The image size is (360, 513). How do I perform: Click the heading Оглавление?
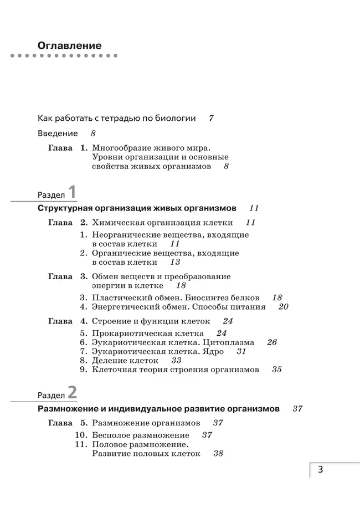[x=69, y=45]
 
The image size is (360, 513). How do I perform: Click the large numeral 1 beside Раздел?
[x=72, y=193]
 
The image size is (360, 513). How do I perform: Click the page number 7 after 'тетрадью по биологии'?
[x=211, y=118]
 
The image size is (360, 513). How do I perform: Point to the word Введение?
[x=58, y=134]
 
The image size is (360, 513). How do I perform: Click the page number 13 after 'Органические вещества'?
[x=175, y=262]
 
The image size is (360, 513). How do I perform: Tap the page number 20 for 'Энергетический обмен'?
[x=283, y=306]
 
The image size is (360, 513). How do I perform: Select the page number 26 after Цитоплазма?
[x=271, y=342]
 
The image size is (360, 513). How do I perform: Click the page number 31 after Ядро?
[x=241, y=351]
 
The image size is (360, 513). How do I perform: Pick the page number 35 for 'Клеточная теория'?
[x=276, y=369]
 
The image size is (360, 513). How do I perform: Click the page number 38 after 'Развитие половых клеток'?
[x=218, y=453]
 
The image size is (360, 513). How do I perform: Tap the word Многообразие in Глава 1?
[x=124, y=148]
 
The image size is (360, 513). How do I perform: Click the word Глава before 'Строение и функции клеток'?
[x=60, y=321]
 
